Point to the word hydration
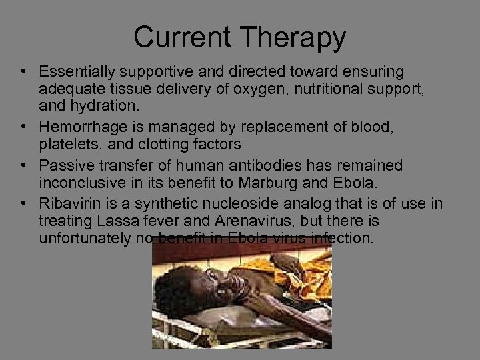pyautogui.click(x=99, y=106)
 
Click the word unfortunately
pyautogui.click(x=84, y=238)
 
